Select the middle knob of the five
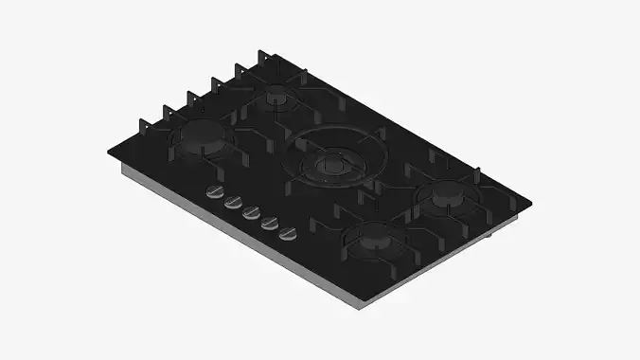(x=250, y=211)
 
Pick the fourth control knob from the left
(x=269, y=221)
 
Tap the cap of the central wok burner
(x=329, y=165)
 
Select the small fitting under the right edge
(x=494, y=237)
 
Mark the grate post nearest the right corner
(x=478, y=174)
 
